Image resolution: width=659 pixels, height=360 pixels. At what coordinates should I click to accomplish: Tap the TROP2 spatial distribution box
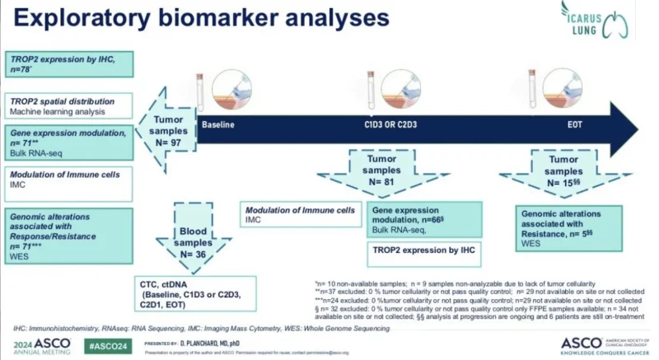coord(67,105)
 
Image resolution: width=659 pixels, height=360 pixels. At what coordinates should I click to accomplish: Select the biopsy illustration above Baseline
coord(232,91)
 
